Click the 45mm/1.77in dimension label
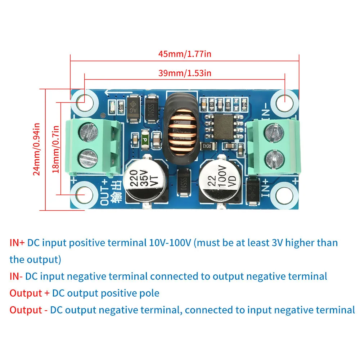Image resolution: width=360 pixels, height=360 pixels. pyautogui.click(x=185, y=54)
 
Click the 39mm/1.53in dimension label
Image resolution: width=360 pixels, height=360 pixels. pyautogui.click(x=185, y=73)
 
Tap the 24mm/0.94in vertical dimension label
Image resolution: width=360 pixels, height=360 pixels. pyautogui.click(x=36, y=149)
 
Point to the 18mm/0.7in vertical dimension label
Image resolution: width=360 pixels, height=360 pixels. pyautogui.click(x=56, y=149)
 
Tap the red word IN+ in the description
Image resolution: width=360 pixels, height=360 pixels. pyautogui.click(x=17, y=243)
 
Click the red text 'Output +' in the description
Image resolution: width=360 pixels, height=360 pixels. pyautogui.click(x=30, y=293)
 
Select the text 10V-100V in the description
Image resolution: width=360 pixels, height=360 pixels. pyautogui.click(x=170, y=243)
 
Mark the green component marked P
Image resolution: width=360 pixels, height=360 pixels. pyautogui.click(x=145, y=138)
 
